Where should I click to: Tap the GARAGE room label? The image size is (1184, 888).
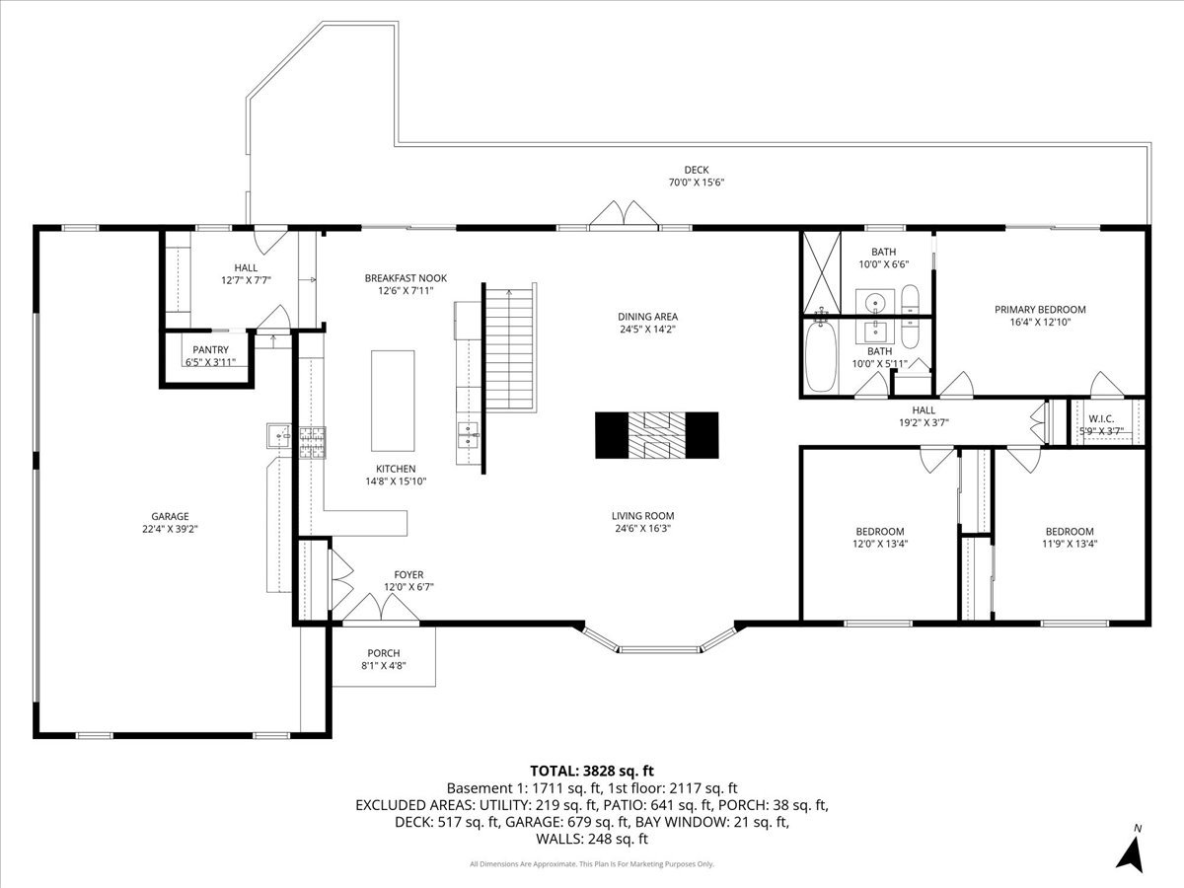click(x=170, y=516)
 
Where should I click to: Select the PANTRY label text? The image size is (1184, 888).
click(x=210, y=349)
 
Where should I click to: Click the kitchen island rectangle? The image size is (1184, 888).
click(x=391, y=400)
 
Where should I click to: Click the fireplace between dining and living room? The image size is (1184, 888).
click(x=656, y=434)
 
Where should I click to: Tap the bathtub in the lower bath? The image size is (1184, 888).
click(x=820, y=358)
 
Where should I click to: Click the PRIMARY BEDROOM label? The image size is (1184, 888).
click(x=1039, y=309)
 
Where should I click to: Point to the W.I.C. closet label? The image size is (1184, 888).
click(x=1101, y=418)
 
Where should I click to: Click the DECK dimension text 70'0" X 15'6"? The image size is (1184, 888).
click(x=697, y=183)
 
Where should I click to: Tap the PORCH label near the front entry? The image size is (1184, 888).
click(x=384, y=653)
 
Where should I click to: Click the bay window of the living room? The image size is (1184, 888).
click(x=658, y=643)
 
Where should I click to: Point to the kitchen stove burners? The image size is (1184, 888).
click(x=313, y=442)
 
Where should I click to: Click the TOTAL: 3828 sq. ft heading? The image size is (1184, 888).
click(x=592, y=771)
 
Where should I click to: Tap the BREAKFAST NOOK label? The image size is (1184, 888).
click(x=405, y=278)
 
